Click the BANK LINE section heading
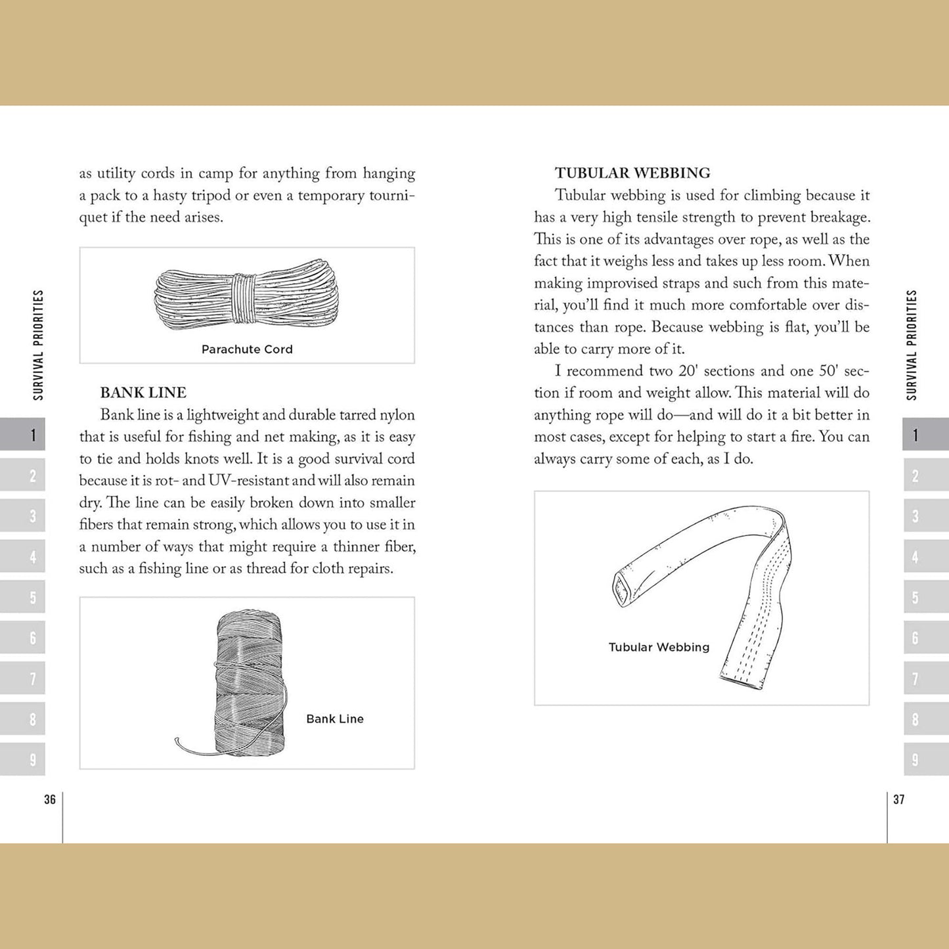pyautogui.click(x=143, y=393)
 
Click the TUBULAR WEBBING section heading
pyautogui.click(x=632, y=173)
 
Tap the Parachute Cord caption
pyautogui.click(x=247, y=349)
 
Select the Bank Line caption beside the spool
pyautogui.click(x=334, y=719)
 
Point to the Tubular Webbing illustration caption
pyautogui.click(x=659, y=648)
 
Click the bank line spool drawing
pyautogui.click(x=250, y=683)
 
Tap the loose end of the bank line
pyautogui.click(x=179, y=742)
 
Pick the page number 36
pyautogui.click(x=50, y=799)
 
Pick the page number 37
pyautogui.click(x=899, y=799)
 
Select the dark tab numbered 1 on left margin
pyautogui.click(x=23, y=434)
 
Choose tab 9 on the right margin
pyautogui.click(x=925, y=760)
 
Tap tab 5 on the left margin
pyautogui.click(x=23, y=597)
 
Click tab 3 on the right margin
pyautogui.click(x=925, y=516)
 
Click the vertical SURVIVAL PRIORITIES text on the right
pyautogui.click(x=912, y=345)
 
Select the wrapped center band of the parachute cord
pyautogui.click(x=242, y=299)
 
